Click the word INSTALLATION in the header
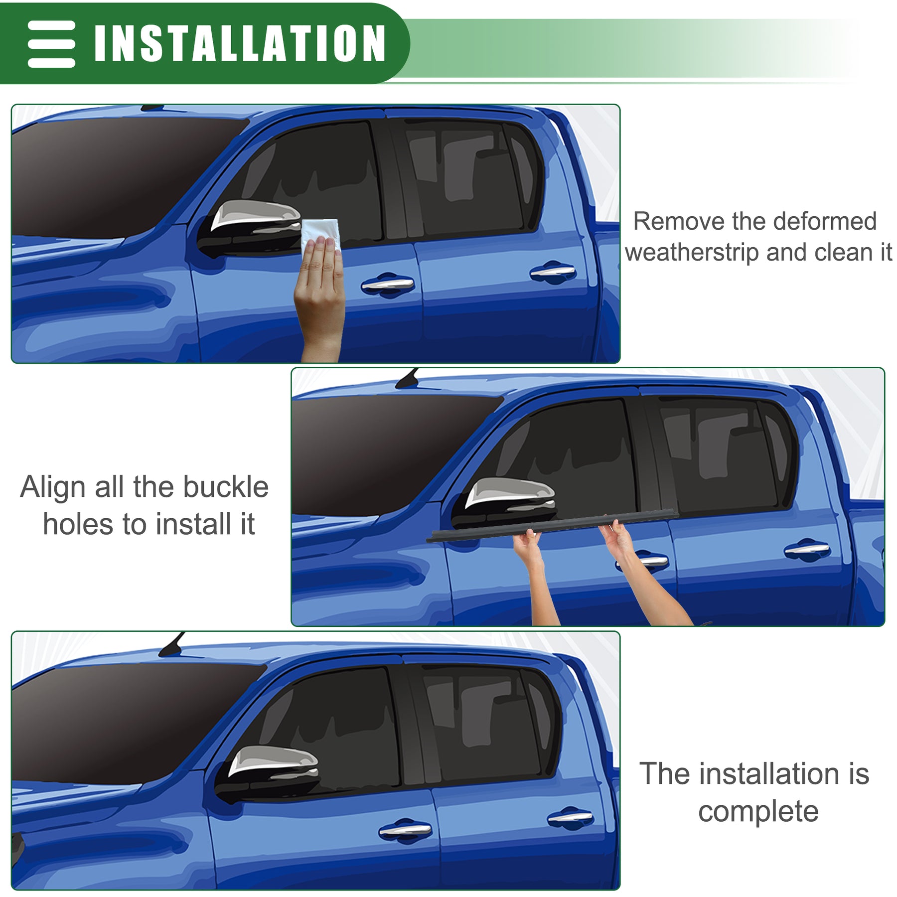tap(240, 43)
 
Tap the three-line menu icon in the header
tap(52, 44)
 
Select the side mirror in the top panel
tap(251, 228)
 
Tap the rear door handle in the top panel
tap(553, 272)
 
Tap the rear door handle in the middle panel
tap(807, 549)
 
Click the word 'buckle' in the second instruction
tap(226, 487)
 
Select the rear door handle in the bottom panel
tap(571, 818)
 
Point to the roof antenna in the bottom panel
tap(172, 643)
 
